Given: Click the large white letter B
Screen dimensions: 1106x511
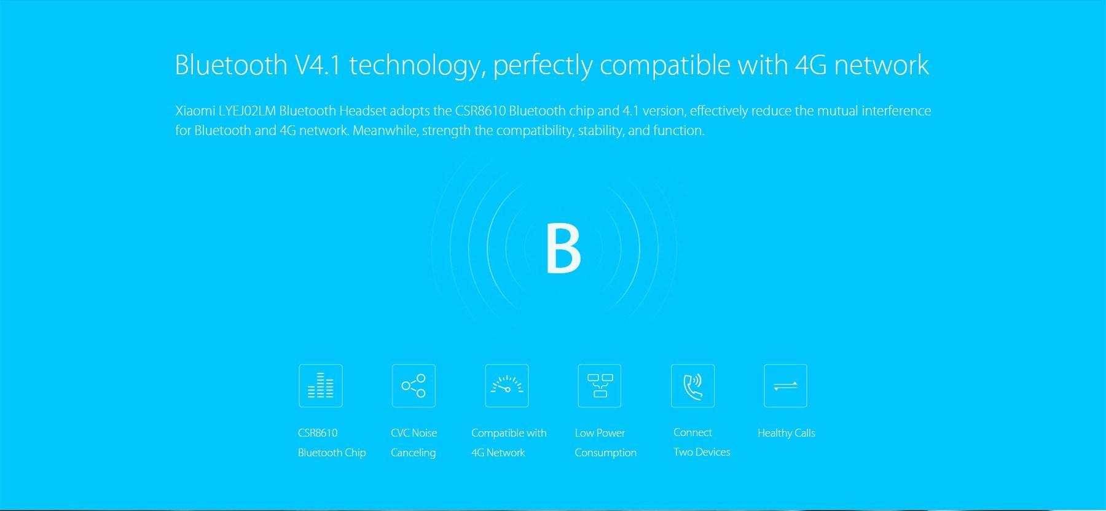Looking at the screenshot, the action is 563,248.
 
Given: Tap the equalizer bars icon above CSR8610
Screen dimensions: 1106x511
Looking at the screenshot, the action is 320,386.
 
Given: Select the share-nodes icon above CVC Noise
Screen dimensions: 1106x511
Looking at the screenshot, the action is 414,386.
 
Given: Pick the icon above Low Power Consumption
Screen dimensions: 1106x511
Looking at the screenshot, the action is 600,386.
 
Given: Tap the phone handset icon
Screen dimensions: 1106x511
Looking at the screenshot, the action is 692,386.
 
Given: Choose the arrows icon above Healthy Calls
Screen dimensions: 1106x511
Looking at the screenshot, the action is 785,386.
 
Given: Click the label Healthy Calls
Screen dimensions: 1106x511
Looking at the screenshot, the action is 786,433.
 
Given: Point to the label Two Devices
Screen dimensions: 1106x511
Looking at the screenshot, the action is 702,452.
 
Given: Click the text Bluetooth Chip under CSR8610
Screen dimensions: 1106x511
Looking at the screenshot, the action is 332,453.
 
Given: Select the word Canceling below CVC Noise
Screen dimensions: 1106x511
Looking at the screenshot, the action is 413,453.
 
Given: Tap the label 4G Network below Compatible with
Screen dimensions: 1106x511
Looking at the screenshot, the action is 498,453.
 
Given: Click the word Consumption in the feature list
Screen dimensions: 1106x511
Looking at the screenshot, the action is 606,453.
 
